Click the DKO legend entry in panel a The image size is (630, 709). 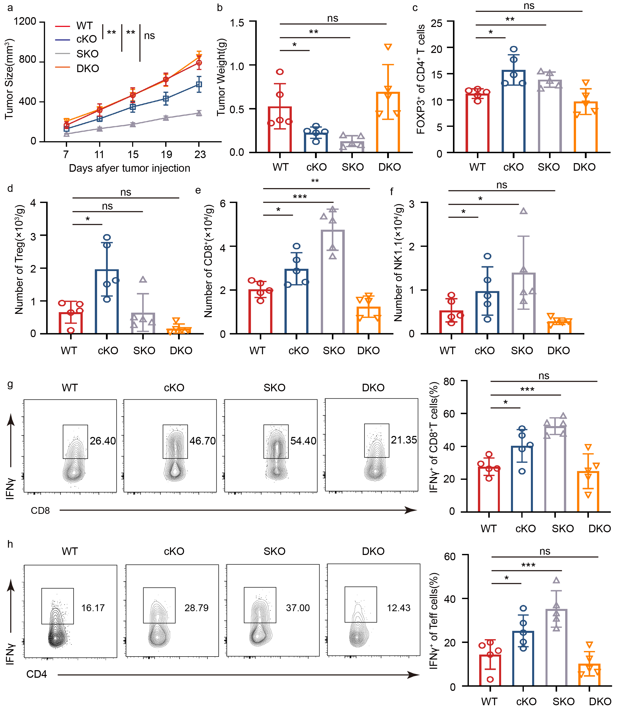[88, 69]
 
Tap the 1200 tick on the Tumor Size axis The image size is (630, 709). [25, 21]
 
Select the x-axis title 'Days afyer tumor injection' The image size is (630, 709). [129, 168]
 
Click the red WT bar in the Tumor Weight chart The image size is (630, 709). [280, 130]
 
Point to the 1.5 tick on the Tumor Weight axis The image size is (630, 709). [237, 23]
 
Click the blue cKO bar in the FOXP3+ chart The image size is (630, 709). [513, 111]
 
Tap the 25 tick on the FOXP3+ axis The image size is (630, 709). [436, 23]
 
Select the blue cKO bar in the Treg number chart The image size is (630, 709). [107, 302]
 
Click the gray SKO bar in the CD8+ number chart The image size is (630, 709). [333, 282]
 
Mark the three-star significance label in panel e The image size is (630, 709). [300, 197]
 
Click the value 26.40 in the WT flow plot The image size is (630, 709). [103, 441]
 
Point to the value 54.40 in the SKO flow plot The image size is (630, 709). [303, 441]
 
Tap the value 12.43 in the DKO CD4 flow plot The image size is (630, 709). [399, 608]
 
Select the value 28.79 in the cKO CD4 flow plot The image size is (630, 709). [196, 608]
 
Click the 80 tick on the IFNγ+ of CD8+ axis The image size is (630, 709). [449, 381]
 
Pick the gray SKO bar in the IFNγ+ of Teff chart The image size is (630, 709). [556, 647]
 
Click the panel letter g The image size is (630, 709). [10, 384]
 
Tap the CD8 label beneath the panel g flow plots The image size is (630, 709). [40, 511]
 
